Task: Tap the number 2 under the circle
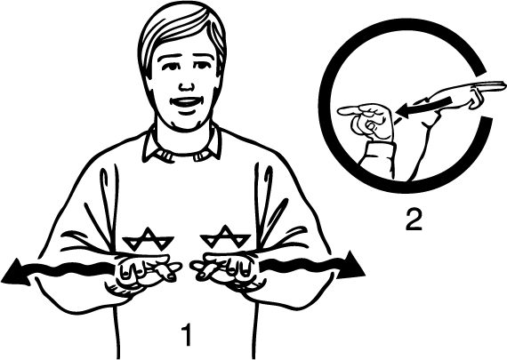click(x=414, y=220)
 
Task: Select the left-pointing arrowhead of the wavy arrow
click(x=14, y=271)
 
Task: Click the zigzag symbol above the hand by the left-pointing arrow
click(x=148, y=239)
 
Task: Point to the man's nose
click(x=186, y=84)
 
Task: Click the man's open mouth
click(x=185, y=103)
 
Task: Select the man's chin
click(x=184, y=124)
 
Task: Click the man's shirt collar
click(x=181, y=146)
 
